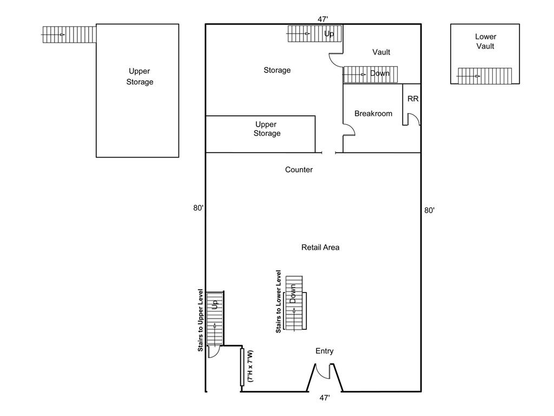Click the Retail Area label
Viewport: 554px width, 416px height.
click(x=320, y=248)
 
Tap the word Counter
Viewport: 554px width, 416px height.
click(x=299, y=170)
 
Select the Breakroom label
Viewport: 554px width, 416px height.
click(x=373, y=114)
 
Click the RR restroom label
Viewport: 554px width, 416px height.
click(x=412, y=99)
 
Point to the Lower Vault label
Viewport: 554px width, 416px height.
click(x=485, y=42)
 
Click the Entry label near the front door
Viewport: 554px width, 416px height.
click(x=324, y=351)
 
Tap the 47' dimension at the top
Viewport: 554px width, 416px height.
click(x=323, y=19)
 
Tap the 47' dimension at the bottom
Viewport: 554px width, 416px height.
click(x=324, y=398)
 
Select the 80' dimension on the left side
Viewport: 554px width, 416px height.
click(x=198, y=208)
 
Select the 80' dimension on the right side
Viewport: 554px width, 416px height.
click(x=429, y=210)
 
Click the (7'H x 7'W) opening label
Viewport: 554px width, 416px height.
click(x=250, y=367)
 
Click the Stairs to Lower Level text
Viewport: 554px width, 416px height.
click(x=279, y=301)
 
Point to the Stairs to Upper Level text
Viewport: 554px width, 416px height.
click(x=200, y=320)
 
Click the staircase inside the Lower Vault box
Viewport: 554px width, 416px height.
click(x=484, y=76)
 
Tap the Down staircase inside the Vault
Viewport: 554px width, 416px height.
click(x=371, y=74)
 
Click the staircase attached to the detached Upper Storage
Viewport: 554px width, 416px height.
click(x=69, y=34)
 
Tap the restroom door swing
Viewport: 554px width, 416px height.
click(x=414, y=119)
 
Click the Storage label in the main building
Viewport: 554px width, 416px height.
click(x=277, y=70)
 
